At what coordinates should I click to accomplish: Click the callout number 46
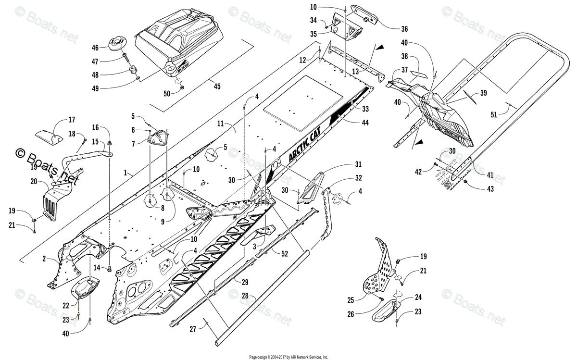[x=95, y=48]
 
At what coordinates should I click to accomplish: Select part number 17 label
[x=72, y=120]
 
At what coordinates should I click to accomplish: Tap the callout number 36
[x=404, y=28]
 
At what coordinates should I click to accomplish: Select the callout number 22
[x=66, y=306]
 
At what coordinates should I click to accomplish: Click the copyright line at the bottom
[x=289, y=357]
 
